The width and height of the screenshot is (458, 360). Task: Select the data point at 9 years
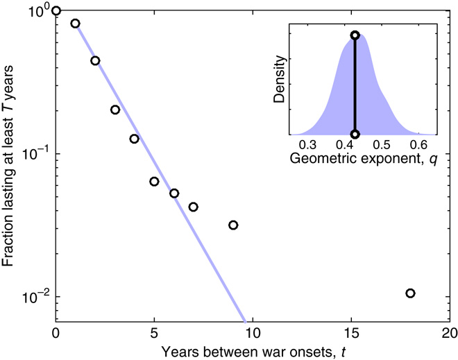click(233, 225)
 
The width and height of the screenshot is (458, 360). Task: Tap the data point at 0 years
click(56, 10)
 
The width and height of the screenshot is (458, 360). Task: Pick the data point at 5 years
click(154, 182)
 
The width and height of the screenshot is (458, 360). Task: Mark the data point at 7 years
click(194, 207)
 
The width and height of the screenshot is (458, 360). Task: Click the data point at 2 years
click(95, 60)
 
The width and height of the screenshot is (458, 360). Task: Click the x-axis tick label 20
click(449, 331)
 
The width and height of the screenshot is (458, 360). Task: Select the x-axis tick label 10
click(253, 331)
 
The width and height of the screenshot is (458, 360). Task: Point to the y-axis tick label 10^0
click(40, 10)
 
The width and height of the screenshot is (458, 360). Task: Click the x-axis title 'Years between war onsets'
click(253, 348)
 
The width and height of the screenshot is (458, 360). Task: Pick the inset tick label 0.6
click(418, 146)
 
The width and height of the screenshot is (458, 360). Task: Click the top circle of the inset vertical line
click(355, 35)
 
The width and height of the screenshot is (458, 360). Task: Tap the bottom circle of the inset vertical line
click(355, 135)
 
